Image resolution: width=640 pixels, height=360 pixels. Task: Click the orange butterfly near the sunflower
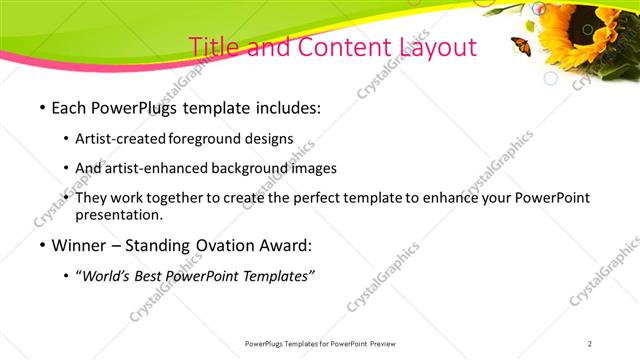(x=521, y=45)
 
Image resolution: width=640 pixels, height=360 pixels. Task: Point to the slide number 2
(x=590, y=343)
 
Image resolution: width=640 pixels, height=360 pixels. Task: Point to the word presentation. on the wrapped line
(x=119, y=215)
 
